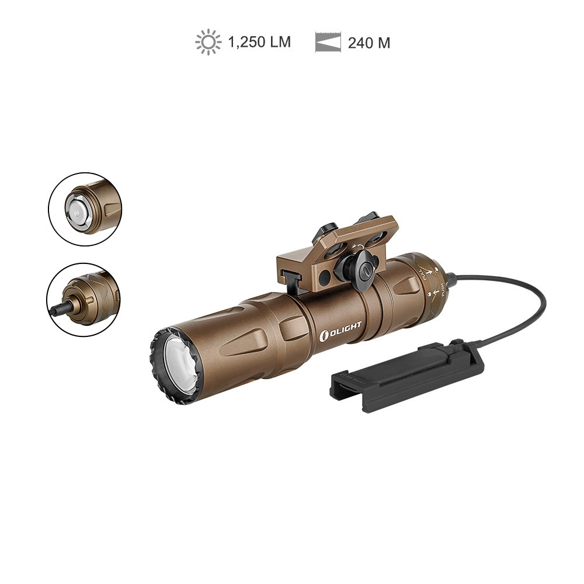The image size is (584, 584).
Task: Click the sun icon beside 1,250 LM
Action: [x=208, y=43]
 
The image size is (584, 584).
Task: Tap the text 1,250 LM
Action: [x=259, y=43]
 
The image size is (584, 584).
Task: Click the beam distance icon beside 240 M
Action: [x=328, y=43]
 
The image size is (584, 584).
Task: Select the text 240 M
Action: [x=369, y=43]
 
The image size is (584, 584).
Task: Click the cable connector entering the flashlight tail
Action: [x=453, y=279]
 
